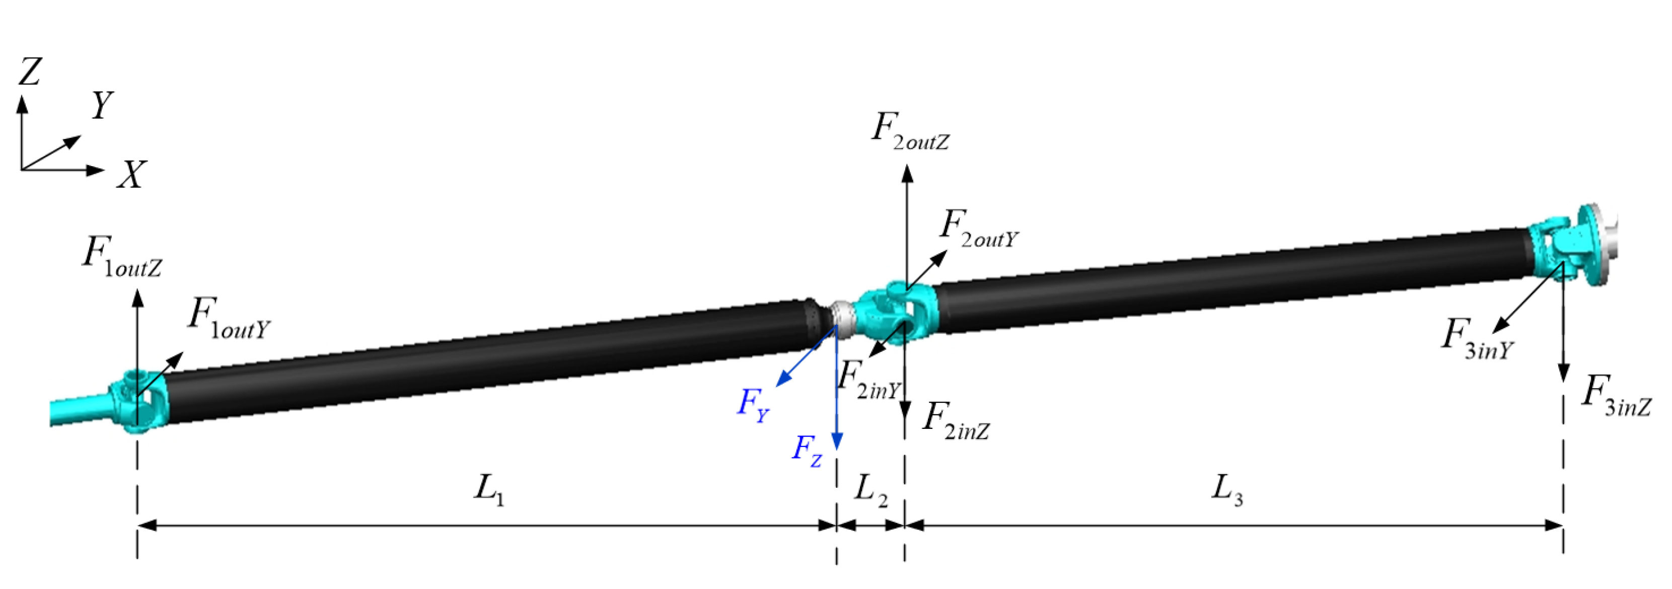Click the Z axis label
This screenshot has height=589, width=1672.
click(30, 72)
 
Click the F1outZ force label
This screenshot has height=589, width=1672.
click(121, 256)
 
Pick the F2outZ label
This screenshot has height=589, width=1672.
click(909, 132)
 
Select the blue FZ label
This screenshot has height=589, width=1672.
click(807, 450)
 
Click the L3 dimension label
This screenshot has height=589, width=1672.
click(1227, 490)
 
